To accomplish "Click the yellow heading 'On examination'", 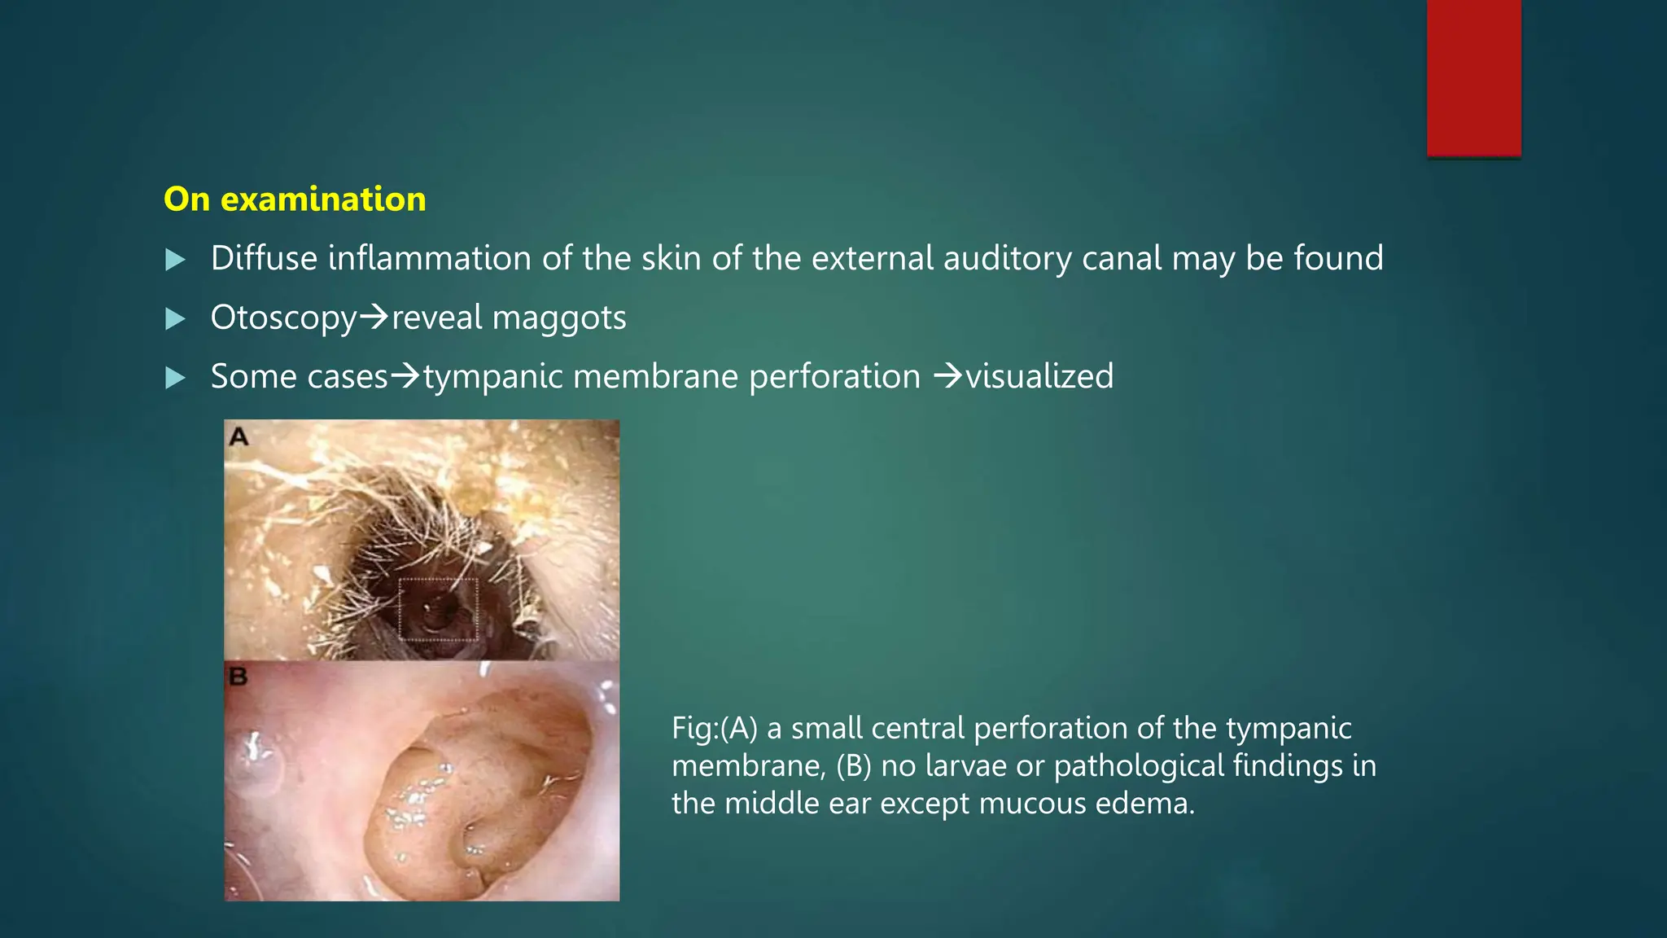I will [x=295, y=199].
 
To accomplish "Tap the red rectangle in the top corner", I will [x=1473, y=77].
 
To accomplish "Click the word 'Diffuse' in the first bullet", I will [x=264, y=258].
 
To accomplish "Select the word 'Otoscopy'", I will [x=283, y=318].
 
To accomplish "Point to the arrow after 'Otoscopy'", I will [x=374, y=316].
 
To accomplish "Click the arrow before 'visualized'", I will [x=948, y=375].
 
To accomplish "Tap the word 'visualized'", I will [x=1039, y=376].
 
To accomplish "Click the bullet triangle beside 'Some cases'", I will [x=175, y=378].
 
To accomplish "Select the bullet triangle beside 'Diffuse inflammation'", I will [x=175, y=260].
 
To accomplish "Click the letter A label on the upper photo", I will [x=238, y=437].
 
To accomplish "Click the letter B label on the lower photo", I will [x=238, y=677].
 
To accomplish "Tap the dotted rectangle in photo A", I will [x=438, y=609].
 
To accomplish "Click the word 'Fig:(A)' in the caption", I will [x=715, y=728].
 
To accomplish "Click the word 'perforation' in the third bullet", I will [x=834, y=376].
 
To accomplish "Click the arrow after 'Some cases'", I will [x=405, y=375].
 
